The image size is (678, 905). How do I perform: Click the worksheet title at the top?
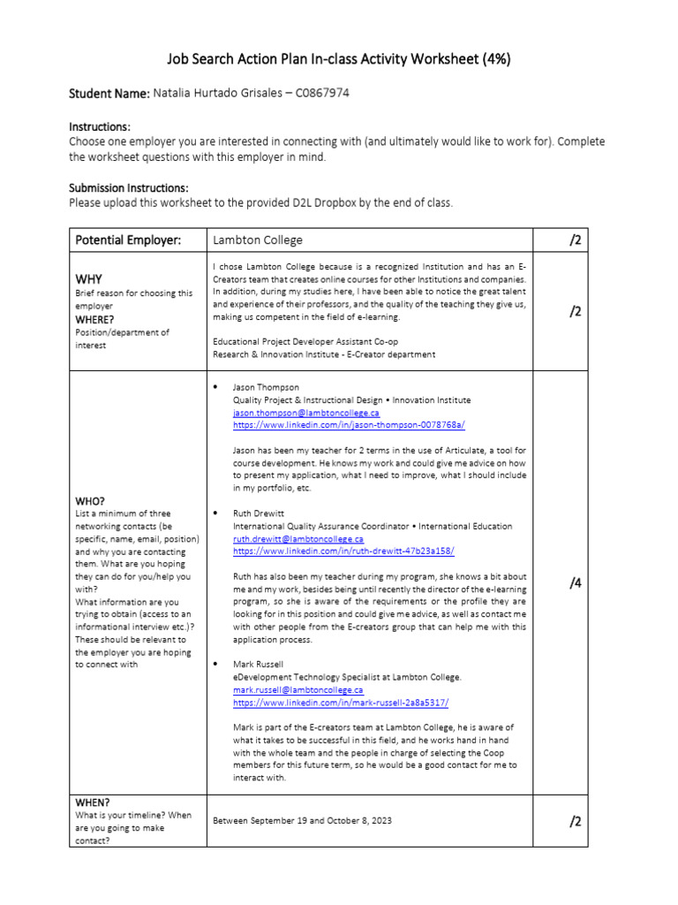click(338, 59)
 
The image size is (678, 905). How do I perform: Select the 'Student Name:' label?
click(109, 94)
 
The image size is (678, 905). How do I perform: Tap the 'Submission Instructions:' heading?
click(128, 188)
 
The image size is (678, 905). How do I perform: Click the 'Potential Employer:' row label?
click(128, 240)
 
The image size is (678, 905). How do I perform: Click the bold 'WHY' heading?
click(90, 278)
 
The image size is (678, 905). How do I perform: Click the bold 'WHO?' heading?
click(90, 500)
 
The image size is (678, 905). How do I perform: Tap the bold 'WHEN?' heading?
click(93, 802)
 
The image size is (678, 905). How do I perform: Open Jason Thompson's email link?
click(305, 413)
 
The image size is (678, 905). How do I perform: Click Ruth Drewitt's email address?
click(298, 538)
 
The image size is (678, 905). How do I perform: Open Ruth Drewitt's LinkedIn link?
click(343, 551)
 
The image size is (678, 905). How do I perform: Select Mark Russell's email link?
click(298, 689)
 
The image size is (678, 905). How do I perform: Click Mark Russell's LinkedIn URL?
click(341, 702)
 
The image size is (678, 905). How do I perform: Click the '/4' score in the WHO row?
click(575, 582)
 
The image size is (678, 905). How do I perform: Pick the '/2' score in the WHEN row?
click(575, 821)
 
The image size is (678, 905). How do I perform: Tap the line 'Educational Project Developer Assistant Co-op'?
click(305, 341)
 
